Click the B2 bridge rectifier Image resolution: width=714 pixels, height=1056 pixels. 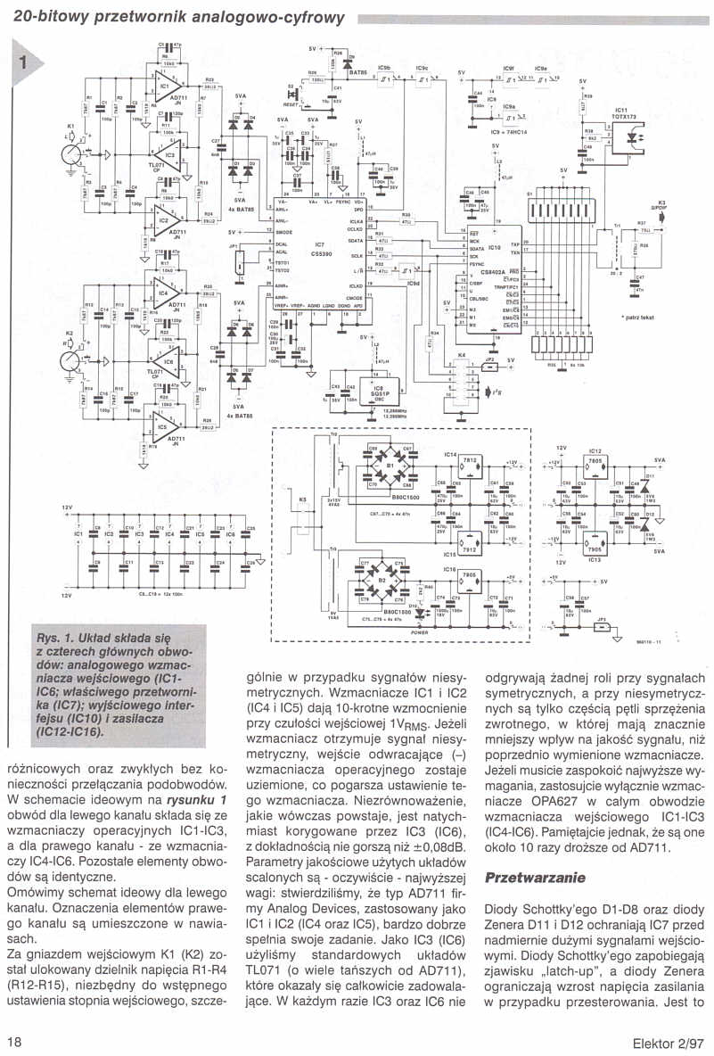coord(389,586)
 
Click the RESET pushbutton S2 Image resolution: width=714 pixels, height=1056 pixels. coord(297,92)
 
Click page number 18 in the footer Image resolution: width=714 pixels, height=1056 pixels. coord(15,1041)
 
